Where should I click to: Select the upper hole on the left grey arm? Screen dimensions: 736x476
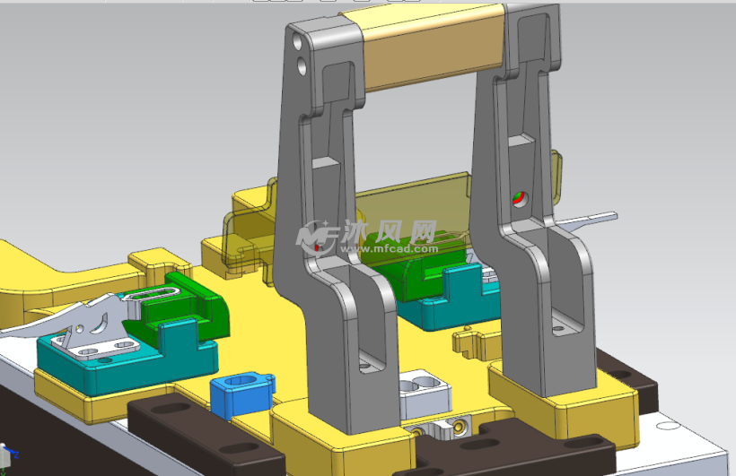297,42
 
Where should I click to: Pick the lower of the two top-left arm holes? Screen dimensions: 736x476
302,66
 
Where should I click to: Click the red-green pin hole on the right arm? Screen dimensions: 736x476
519,199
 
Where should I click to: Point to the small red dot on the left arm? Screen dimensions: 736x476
318,247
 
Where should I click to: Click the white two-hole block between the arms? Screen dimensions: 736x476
425,393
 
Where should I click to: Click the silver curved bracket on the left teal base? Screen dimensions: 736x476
94,328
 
